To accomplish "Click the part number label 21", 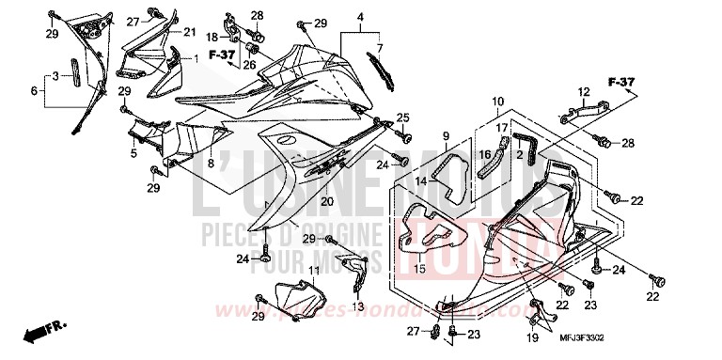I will click(x=189, y=32).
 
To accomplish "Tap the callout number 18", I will click(x=212, y=37).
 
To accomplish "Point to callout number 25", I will click(x=402, y=117).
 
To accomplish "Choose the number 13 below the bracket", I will click(x=357, y=307).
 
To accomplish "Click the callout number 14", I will click(x=422, y=180).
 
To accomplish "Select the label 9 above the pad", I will click(x=447, y=135).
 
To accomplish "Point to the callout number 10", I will click(x=498, y=99).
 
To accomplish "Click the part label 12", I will click(x=583, y=91).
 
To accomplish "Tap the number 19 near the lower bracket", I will click(x=535, y=337).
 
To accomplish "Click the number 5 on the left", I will click(x=133, y=152).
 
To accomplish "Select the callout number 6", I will click(x=35, y=91).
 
